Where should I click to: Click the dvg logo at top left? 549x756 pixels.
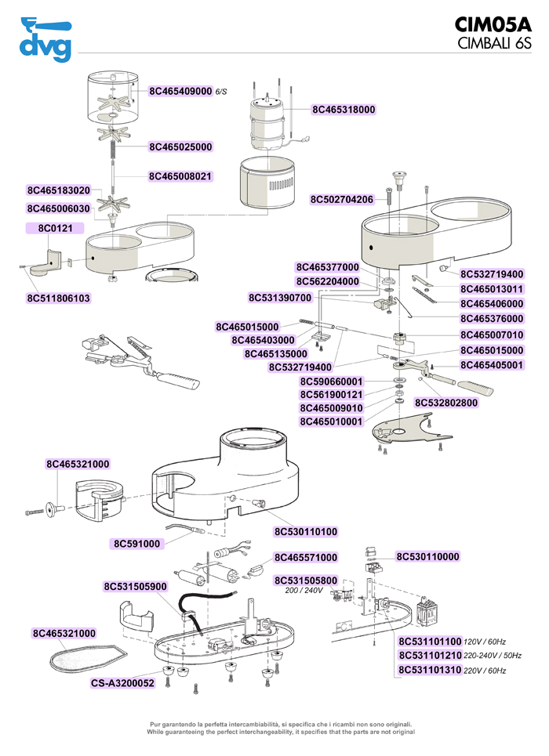tap(45, 39)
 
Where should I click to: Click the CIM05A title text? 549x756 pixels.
tap(493, 24)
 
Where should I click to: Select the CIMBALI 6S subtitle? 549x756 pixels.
tap(494, 43)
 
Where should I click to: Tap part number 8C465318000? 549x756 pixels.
tap(344, 110)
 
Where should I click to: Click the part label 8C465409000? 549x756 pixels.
tap(180, 91)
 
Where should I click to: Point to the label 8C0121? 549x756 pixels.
tap(55, 228)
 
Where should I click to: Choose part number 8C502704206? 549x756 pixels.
tap(342, 200)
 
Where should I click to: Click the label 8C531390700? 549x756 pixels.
tap(280, 298)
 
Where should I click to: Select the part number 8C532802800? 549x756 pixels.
tap(446, 403)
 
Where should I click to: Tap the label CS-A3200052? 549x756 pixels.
tap(122, 682)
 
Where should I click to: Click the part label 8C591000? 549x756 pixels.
tap(136, 544)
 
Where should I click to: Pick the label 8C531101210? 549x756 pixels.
tap(431, 655)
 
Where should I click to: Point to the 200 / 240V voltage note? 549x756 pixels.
tap(304, 590)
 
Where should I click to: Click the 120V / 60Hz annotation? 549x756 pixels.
tap(485, 642)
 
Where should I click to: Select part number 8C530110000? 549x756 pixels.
tap(427, 556)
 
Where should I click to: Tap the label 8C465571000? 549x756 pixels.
tap(306, 557)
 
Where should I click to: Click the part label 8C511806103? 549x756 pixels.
tap(58, 298)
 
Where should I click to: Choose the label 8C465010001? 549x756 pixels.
tap(331, 421)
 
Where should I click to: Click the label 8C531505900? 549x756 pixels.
tap(135, 586)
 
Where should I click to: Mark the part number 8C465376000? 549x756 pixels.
tap(492, 318)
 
